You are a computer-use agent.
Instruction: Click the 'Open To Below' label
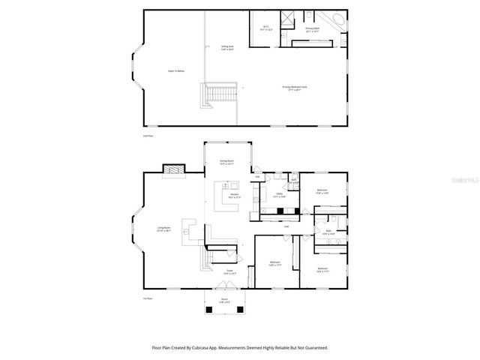point(175,71)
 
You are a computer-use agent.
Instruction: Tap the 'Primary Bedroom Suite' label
point(295,88)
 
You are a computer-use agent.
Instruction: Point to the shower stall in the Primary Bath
point(288,19)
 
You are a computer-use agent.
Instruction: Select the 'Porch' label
point(223,301)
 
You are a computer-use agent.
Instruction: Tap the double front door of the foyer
point(223,289)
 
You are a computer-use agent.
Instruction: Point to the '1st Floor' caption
point(148,298)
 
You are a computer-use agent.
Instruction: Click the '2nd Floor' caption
point(148,136)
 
